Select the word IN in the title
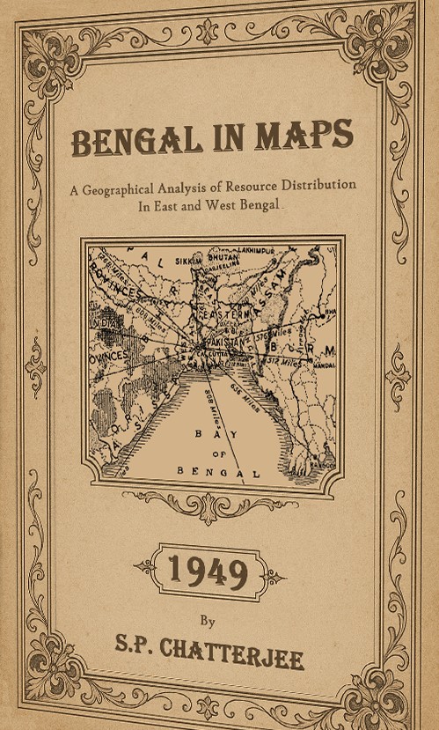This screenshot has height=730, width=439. (227, 139)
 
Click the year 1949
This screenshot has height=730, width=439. (208, 572)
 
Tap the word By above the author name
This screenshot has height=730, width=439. (208, 620)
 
